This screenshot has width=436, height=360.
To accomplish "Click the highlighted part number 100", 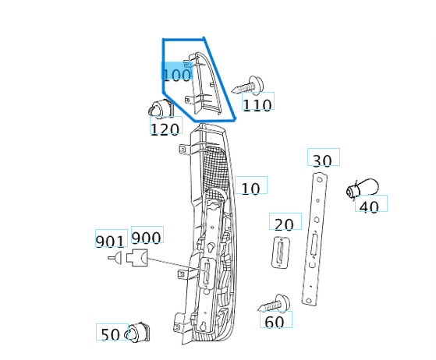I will (177, 75).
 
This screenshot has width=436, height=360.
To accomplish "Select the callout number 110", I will (257, 104).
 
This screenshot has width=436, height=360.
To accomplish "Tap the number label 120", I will (165, 129).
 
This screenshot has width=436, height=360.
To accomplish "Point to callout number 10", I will (250, 187).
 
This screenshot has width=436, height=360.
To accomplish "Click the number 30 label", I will (322, 160).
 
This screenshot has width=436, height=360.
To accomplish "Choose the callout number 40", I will (370, 206).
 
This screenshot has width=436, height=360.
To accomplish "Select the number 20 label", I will (285, 224).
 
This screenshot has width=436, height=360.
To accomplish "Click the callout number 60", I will (275, 320).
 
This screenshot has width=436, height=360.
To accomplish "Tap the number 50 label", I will (111, 334).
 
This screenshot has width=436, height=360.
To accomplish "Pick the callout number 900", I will (146, 238).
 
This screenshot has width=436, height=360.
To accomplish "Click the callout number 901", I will (110, 241).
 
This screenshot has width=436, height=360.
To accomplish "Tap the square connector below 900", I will (139, 259).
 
